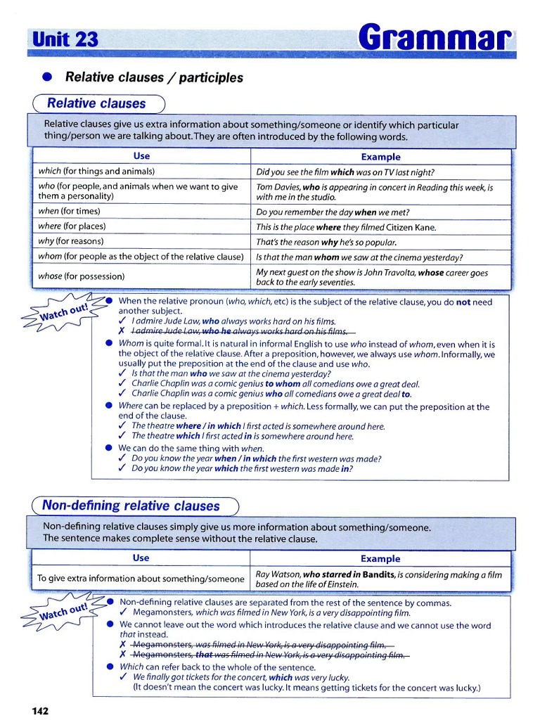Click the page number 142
click(40, 711)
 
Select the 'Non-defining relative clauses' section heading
click(131, 506)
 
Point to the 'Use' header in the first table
click(141, 156)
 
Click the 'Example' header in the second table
click(380, 559)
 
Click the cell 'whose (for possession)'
click(81, 276)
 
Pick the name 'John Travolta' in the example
click(387, 272)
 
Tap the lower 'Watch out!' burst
click(63, 610)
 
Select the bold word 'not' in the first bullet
click(463, 302)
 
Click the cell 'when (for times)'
click(69, 211)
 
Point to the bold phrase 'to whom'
click(283, 384)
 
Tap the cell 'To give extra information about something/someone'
click(141, 579)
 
